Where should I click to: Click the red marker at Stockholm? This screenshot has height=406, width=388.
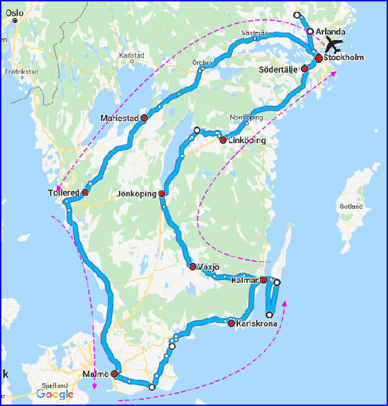(x=318, y=59)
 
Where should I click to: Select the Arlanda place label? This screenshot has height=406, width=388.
(x=330, y=32)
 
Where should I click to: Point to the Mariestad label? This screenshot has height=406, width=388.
(x=119, y=118)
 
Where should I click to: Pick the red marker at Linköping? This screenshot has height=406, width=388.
(x=223, y=140)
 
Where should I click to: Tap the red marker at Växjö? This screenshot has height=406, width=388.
(x=192, y=266)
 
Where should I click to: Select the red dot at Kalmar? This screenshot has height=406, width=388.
(x=264, y=280)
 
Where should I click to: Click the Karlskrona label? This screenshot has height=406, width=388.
(x=257, y=323)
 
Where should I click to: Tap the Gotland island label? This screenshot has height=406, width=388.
(x=351, y=207)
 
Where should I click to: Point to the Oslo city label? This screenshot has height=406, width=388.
(x=15, y=12)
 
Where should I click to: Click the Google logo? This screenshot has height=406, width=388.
(x=55, y=394)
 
